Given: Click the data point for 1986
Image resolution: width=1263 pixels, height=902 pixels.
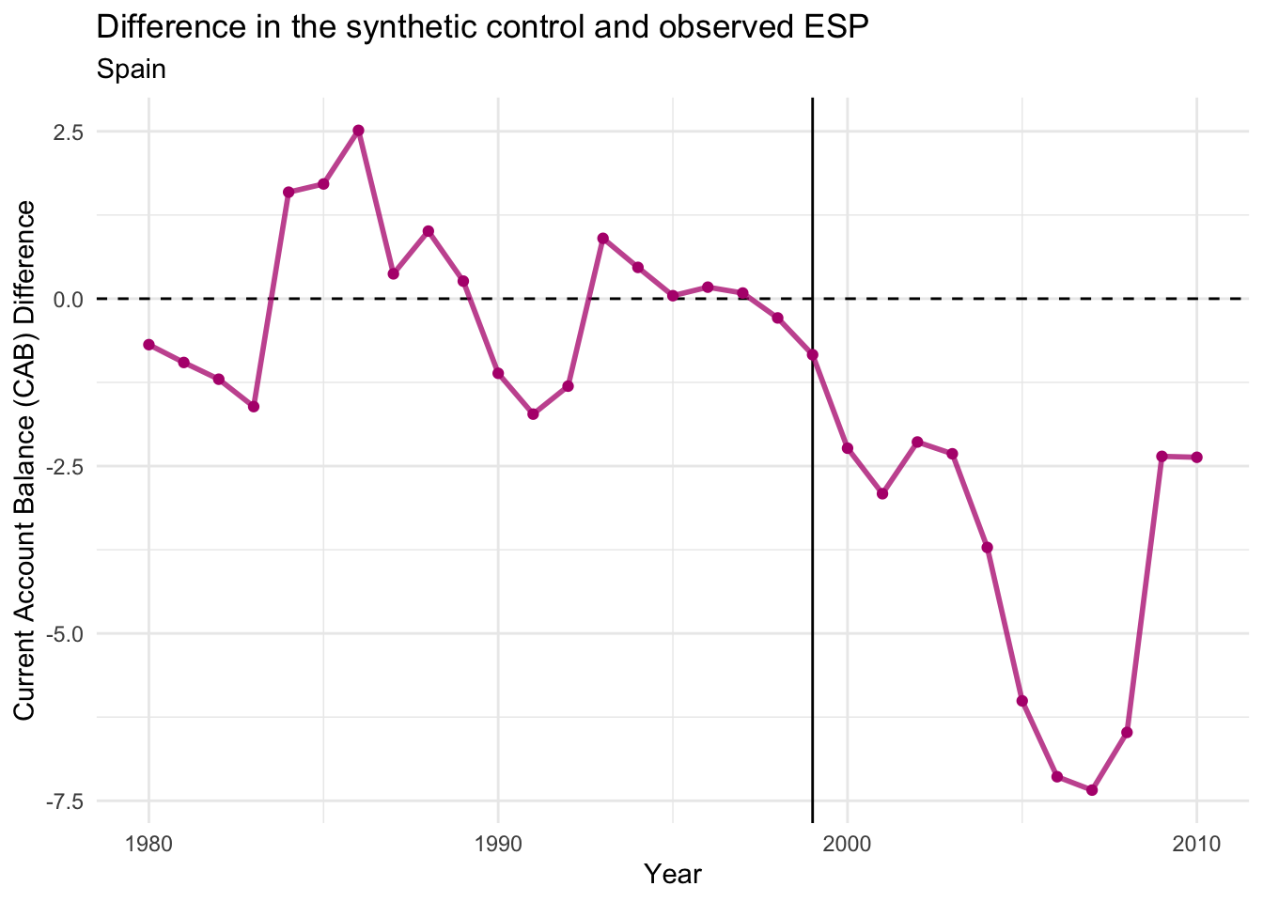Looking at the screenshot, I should coord(358,131).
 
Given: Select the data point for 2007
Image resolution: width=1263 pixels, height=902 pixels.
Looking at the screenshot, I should coord(1092,790).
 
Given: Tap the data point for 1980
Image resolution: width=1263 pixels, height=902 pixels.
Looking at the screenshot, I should coord(148,345).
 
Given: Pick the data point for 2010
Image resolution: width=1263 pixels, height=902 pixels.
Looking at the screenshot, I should coord(1196,458).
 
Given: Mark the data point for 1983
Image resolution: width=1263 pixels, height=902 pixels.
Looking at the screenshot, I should coord(254,407).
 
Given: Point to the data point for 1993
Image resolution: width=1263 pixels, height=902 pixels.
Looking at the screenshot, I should coord(603,239).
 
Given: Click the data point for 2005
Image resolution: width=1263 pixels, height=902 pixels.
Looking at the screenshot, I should coord(1022,701).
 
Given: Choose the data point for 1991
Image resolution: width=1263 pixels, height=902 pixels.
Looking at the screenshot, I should coord(533,414).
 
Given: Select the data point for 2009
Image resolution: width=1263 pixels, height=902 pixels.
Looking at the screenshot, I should coord(1162,457).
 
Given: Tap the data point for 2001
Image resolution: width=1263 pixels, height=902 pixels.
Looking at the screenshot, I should coord(882,493).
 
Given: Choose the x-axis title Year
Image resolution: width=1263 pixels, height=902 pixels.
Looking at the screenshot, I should coord(673,875).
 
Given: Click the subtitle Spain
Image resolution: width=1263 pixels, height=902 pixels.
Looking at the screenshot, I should coord(132,70).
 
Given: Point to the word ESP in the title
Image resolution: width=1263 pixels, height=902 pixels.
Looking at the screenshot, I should coord(838,28).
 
